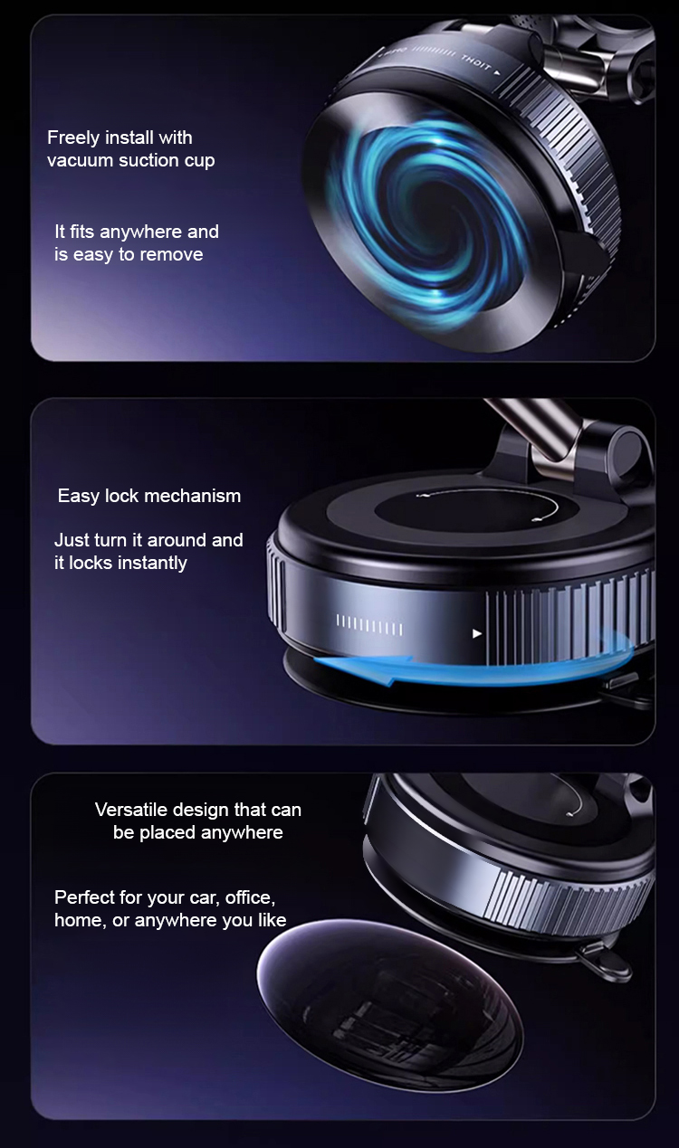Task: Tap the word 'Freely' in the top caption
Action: (x=73, y=138)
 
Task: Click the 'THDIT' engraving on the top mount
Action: (x=475, y=63)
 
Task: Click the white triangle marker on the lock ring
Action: (x=477, y=633)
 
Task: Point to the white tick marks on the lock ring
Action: (x=369, y=625)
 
